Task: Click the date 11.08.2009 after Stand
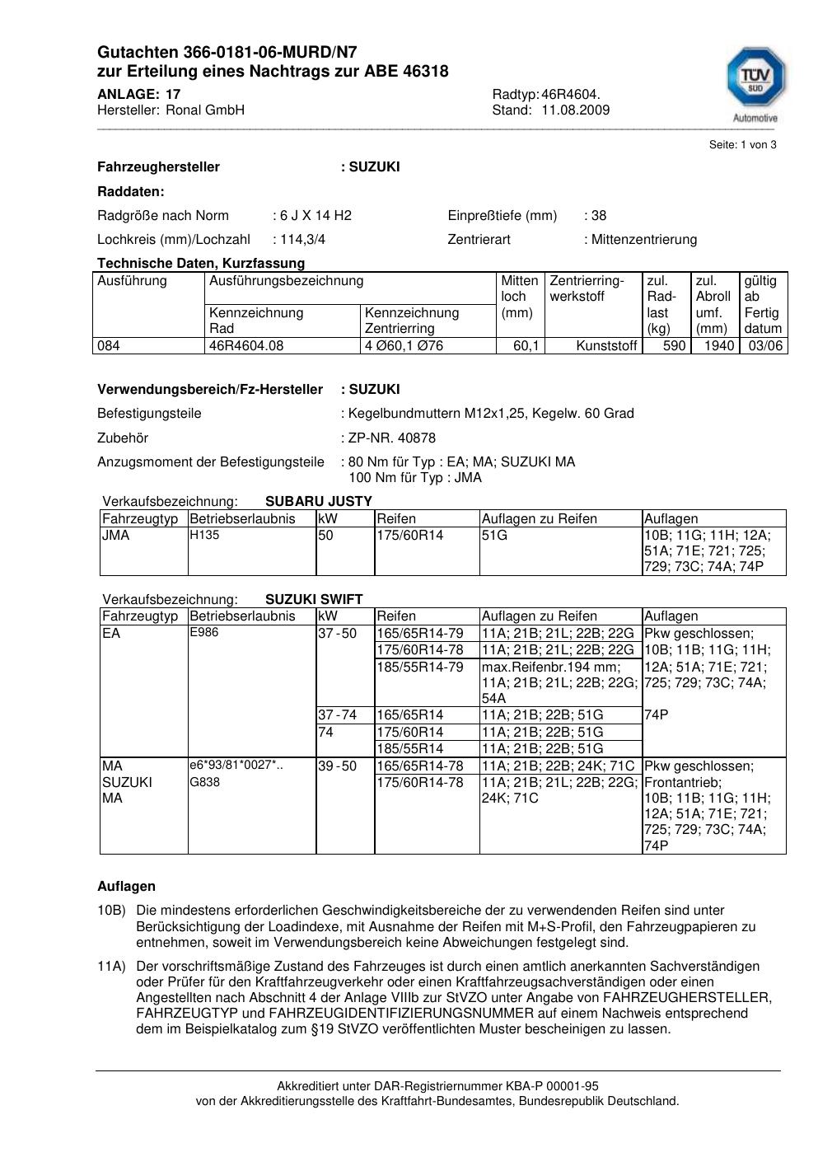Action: click(x=575, y=110)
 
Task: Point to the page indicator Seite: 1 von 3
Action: click(x=742, y=145)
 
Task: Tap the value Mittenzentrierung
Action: click(x=643, y=240)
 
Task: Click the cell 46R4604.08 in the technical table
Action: click(x=246, y=346)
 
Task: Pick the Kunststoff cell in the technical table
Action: click(x=606, y=346)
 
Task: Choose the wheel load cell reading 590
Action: click(x=674, y=346)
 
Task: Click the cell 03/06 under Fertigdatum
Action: click(x=764, y=346)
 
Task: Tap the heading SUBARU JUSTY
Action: click(x=319, y=501)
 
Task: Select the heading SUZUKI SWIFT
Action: click(x=314, y=599)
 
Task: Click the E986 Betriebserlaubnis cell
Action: click(x=204, y=633)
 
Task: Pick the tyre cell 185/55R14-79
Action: click(x=420, y=667)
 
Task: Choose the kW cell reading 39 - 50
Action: click(x=337, y=766)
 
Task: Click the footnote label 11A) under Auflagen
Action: click(x=111, y=966)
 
